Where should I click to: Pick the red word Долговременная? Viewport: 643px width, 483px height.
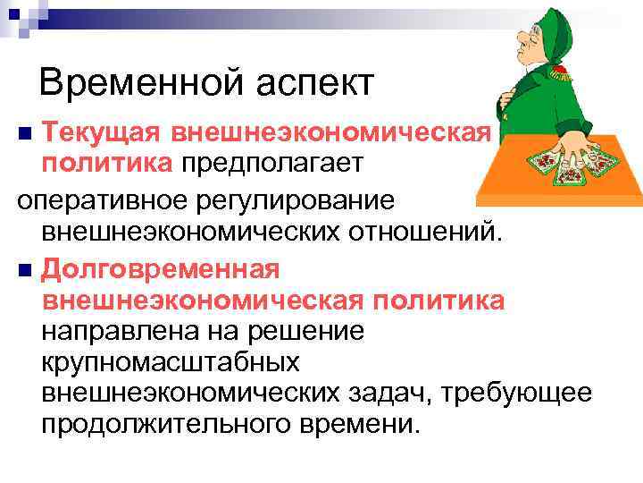click(161, 267)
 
